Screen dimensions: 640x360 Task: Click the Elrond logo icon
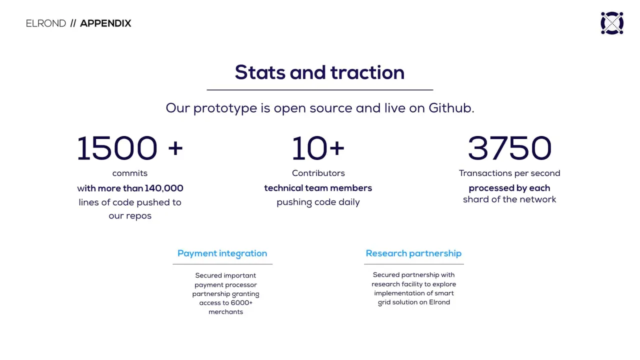point(612,23)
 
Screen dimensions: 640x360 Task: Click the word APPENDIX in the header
point(105,23)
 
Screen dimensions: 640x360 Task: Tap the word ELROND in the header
point(46,23)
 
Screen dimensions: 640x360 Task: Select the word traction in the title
point(367,72)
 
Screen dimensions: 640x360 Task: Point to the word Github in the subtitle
point(451,108)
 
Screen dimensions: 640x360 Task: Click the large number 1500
point(117,148)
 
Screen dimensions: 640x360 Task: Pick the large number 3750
point(509,148)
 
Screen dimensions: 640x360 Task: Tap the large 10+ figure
point(318,148)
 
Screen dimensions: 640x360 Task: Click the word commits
point(129,173)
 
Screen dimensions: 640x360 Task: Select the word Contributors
point(318,173)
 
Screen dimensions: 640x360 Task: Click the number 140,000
point(164,188)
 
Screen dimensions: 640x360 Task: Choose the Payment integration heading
point(222,253)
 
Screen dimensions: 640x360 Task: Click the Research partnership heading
point(413,253)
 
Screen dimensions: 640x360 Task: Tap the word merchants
point(225,312)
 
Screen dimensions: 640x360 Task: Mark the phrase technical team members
point(318,188)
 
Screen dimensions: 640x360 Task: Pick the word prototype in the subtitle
point(225,108)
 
